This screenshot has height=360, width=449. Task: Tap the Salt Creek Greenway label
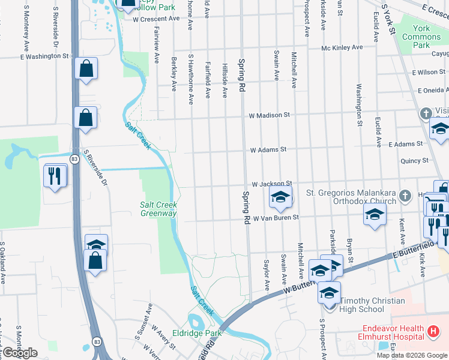coord(158,209)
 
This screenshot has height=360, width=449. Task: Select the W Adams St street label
coord(268,149)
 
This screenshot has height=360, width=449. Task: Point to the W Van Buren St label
coord(276,218)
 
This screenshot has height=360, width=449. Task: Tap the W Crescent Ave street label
coord(156,19)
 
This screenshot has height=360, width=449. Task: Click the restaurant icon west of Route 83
coord(55,176)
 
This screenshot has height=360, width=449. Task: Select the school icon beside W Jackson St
coord(280,196)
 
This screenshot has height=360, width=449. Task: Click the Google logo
coord(20,353)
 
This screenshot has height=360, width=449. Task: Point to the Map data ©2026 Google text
coord(412,355)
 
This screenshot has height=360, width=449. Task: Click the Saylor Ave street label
coord(267,275)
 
